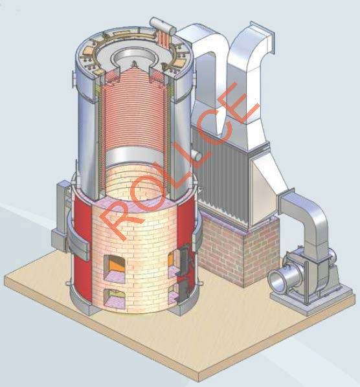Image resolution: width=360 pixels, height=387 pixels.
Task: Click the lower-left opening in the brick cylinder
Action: pyautogui.click(x=115, y=298)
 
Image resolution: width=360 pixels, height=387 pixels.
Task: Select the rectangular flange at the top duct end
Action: pyautogui.click(x=262, y=37)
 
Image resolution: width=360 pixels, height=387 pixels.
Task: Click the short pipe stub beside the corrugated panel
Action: pyautogui.click(x=197, y=155)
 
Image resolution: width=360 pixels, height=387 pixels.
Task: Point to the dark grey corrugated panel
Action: pyautogui.click(x=221, y=173)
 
